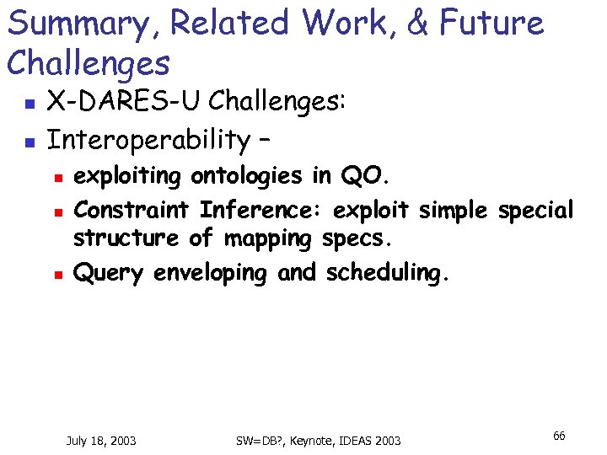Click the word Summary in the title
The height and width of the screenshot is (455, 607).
64,24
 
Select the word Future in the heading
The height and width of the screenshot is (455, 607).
494,23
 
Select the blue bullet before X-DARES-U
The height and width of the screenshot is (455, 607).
28,104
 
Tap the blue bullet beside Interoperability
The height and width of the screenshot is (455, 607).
28,142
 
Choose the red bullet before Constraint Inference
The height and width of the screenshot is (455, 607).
56,210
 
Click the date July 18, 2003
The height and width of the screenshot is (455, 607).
101,440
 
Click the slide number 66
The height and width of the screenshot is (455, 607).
559,436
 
